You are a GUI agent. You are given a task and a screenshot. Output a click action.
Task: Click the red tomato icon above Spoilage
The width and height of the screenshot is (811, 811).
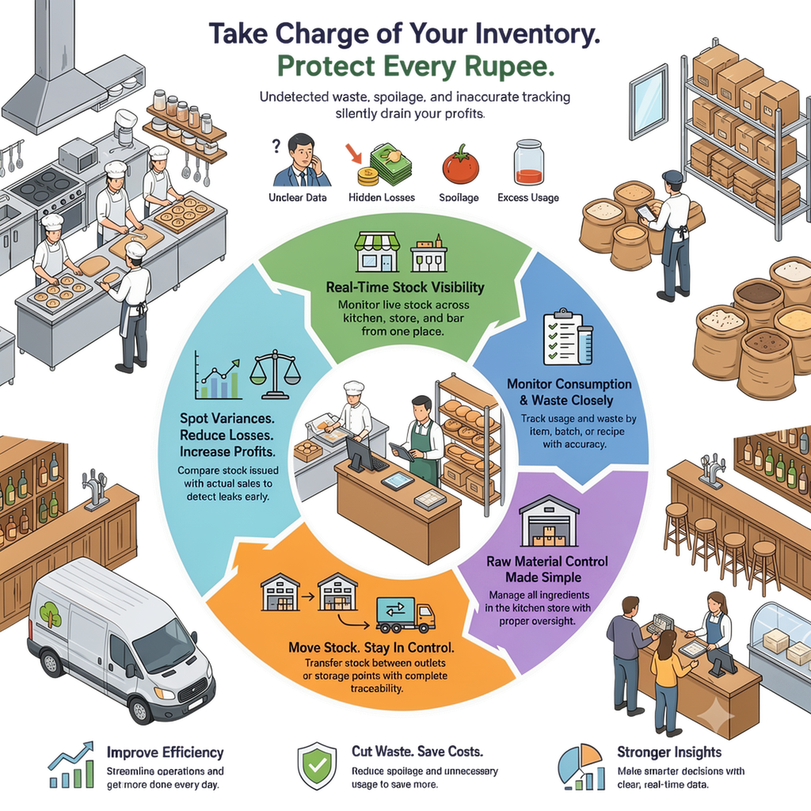point(460,165)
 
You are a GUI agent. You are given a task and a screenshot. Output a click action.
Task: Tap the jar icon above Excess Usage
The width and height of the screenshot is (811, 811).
point(528,162)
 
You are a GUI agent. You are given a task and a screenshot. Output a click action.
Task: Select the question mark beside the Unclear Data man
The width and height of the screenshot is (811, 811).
point(276,146)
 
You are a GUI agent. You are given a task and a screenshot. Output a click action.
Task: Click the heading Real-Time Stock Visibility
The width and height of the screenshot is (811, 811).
point(405,287)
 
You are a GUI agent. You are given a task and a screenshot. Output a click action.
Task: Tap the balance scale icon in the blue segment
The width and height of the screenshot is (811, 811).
point(275,374)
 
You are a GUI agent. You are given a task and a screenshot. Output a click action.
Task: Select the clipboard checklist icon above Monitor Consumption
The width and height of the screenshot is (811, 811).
point(568,337)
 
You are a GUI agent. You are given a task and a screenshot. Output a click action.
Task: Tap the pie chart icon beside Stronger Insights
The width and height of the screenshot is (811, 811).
point(581,767)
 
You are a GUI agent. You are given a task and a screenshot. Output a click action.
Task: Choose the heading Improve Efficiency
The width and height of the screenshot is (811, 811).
point(165,752)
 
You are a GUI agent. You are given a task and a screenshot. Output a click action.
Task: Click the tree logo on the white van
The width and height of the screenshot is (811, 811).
point(51,615)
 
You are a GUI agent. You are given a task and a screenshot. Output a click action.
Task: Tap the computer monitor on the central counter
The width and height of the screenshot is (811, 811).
point(361,454)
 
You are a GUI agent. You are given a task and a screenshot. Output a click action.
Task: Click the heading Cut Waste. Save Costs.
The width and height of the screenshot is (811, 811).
point(417,751)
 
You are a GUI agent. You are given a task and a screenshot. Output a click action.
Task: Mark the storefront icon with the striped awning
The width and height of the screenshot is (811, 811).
point(377,252)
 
